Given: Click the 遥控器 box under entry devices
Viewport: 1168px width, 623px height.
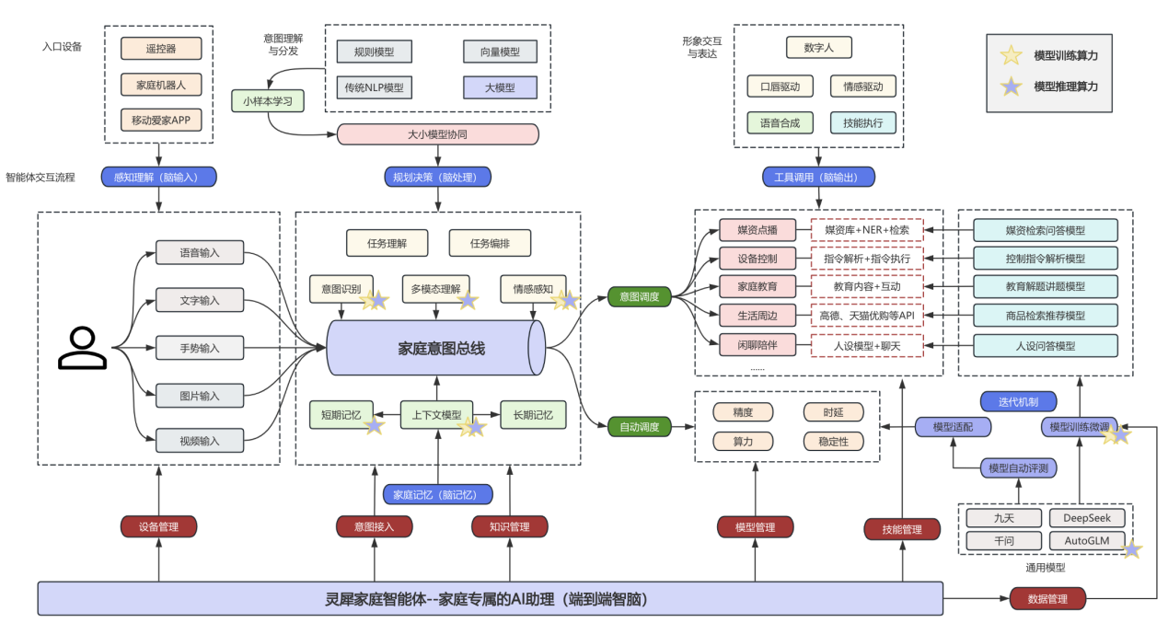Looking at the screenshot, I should tap(161, 49).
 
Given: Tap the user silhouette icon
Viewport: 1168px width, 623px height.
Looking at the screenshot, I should tap(83, 347).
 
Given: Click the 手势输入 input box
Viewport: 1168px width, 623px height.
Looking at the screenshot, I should tap(200, 348).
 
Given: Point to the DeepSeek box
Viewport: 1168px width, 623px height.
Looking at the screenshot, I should tap(1087, 519).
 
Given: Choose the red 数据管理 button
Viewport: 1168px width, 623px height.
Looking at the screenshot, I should tap(1047, 599).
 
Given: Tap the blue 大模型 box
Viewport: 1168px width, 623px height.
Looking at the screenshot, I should tap(501, 87).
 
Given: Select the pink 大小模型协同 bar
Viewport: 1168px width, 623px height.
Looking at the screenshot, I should tap(437, 134).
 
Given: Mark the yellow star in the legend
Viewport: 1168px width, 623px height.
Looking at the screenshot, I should tap(1012, 56).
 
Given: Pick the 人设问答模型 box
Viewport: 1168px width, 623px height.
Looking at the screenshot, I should tap(1046, 346).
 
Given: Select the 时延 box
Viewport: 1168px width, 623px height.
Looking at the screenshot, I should tap(834, 412).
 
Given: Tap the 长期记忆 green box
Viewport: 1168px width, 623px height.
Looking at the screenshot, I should tap(533, 415).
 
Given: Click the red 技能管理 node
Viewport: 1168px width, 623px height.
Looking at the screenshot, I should tap(902, 529).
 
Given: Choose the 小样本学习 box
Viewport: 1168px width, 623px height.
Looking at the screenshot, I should tap(268, 100).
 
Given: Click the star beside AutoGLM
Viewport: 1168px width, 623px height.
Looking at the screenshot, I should tap(1133, 549).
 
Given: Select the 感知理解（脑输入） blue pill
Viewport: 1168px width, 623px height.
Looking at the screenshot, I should tap(158, 177).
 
